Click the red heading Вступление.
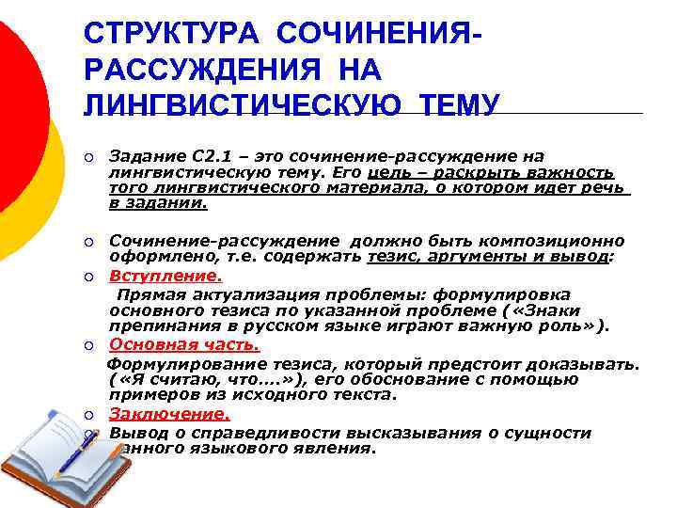pos(165,277)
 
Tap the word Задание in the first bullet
pos(141,156)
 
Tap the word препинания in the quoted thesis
pos(156,326)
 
